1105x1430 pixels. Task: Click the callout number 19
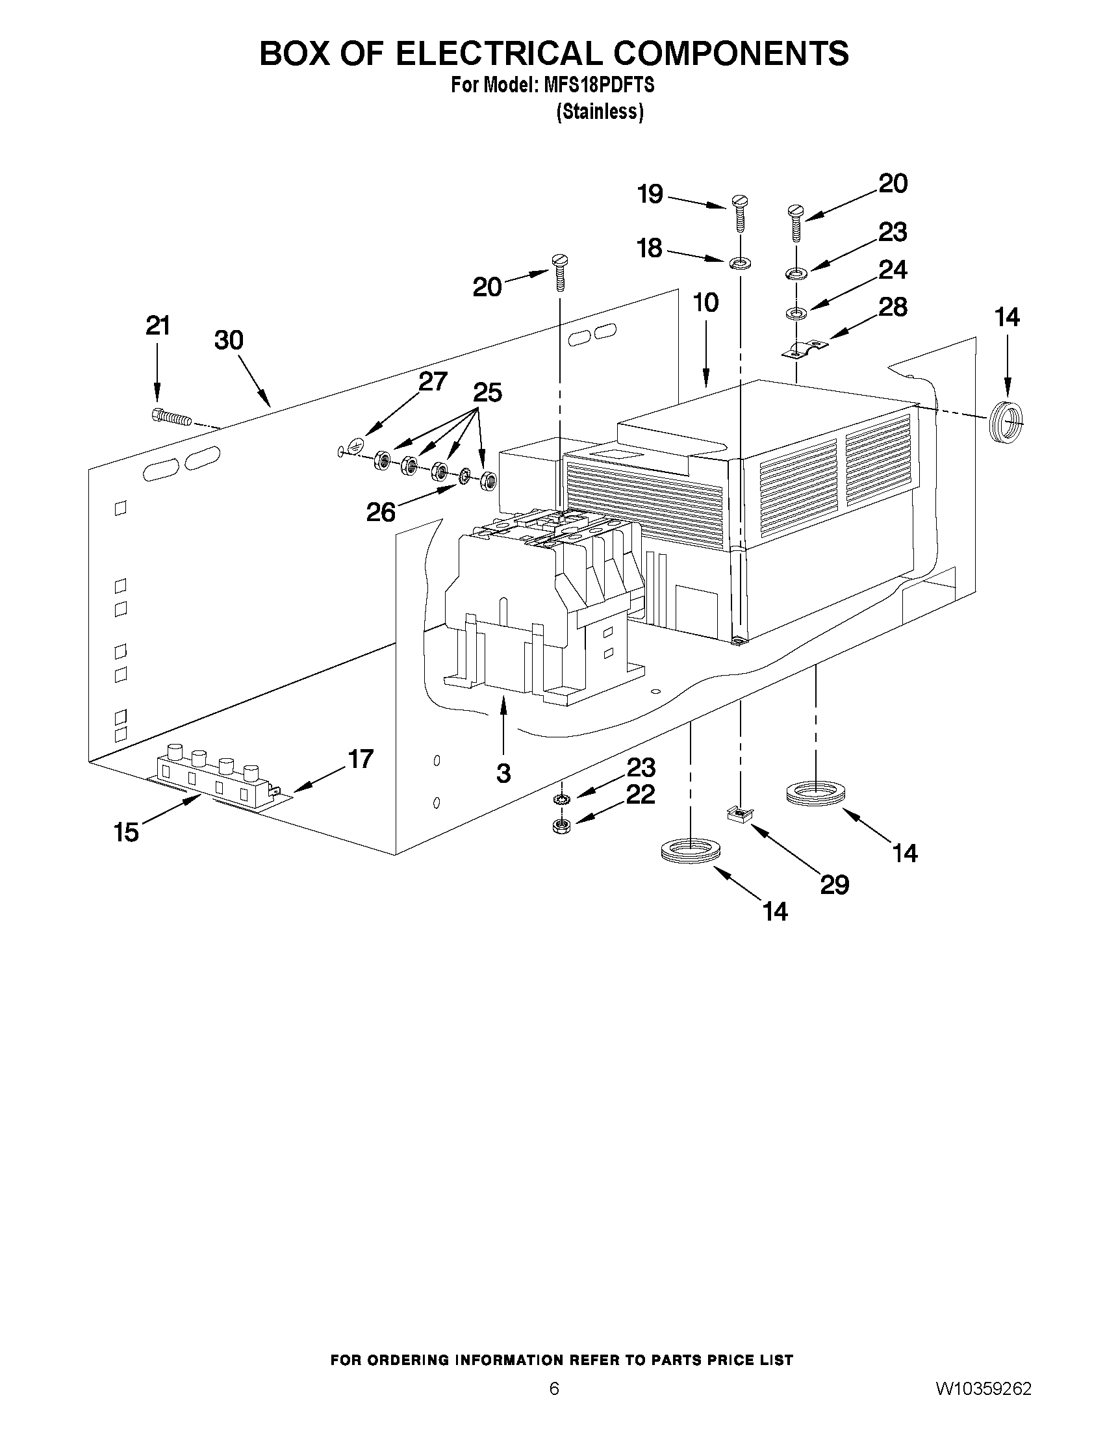(650, 194)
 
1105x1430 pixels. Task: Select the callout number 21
(157, 326)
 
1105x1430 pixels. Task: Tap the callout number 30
(229, 340)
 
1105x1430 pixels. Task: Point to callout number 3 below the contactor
(503, 774)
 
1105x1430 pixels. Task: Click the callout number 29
(834, 886)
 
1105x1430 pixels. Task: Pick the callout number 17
(360, 759)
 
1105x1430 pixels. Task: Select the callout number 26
(380, 512)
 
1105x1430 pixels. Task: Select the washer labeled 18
(740, 263)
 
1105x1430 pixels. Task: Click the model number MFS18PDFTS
(594, 86)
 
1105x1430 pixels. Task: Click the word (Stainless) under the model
(600, 112)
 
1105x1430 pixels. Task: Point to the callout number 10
(705, 303)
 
